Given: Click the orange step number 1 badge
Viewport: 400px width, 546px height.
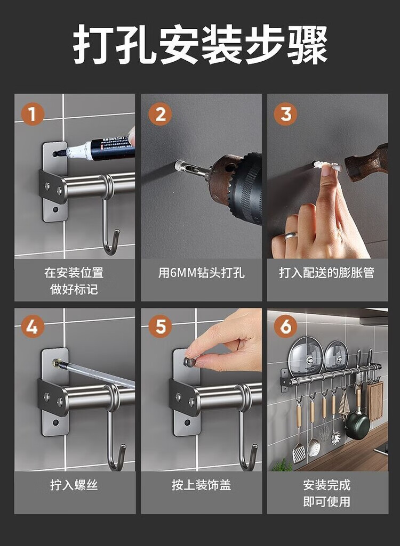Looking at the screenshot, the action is [x=33, y=114].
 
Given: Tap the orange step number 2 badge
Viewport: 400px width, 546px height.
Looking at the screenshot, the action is [x=160, y=114].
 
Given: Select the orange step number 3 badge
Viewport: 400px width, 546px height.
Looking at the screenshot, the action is [x=286, y=114].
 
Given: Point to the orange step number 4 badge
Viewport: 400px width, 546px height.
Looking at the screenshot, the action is [x=33, y=327].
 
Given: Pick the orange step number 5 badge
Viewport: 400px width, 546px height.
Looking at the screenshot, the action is [x=160, y=327].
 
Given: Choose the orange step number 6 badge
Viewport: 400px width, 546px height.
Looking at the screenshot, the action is [x=286, y=327].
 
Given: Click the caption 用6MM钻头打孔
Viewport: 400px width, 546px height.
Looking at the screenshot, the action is [x=201, y=273].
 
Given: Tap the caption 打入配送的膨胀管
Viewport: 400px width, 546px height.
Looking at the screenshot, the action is [x=327, y=273].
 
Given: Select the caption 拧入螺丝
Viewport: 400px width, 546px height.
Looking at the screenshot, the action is [x=74, y=485].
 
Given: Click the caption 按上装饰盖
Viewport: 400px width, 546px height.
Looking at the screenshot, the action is [x=201, y=485].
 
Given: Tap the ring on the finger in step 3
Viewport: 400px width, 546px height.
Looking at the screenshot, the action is [x=290, y=236].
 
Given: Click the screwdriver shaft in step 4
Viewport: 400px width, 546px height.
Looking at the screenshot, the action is [x=94, y=374].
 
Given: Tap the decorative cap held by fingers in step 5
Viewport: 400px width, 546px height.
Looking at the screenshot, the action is [x=189, y=362].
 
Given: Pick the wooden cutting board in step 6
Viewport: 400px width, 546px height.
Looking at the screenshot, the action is [x=375, y=401].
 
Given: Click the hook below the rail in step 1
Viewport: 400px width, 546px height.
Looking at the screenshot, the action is [x=109, y=223].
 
